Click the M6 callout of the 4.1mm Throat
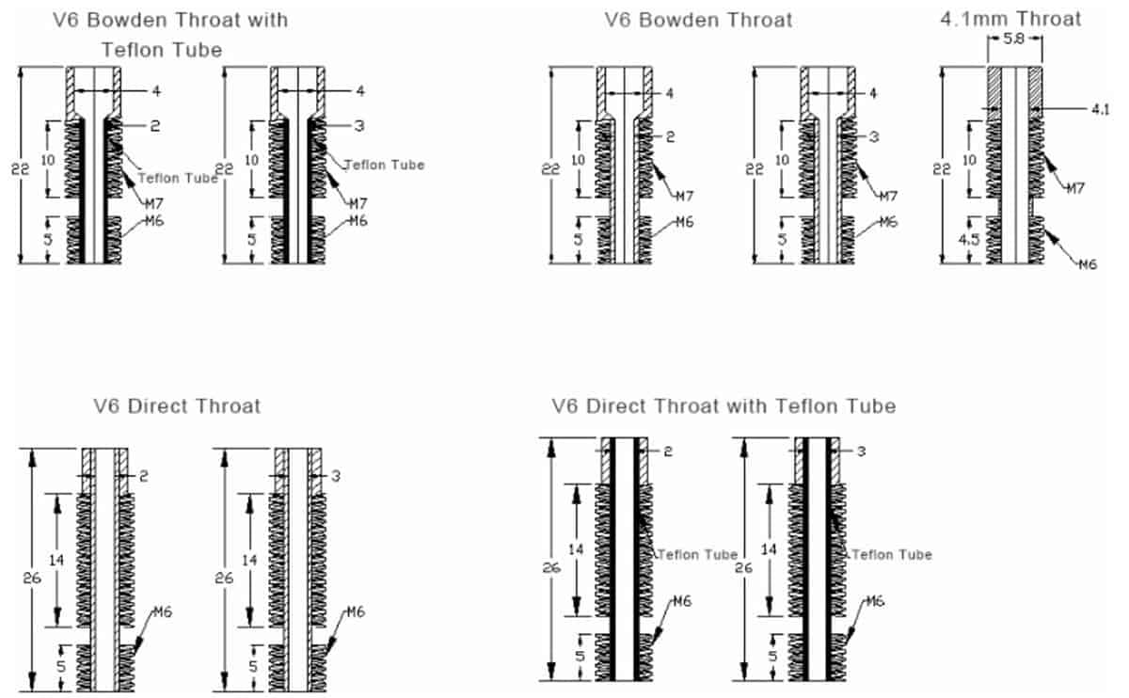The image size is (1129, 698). click(1088, 264)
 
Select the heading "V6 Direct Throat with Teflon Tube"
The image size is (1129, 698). click(723, 405)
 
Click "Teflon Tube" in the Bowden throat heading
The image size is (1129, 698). click(163, 50)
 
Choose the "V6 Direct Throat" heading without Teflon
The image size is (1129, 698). click(177, 406)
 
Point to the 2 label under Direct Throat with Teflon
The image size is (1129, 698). click(667, 452)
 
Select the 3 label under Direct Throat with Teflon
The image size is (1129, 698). click(861, 452)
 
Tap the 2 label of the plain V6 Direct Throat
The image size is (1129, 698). click(144, 476)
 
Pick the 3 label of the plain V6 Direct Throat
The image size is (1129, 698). click(336, 476)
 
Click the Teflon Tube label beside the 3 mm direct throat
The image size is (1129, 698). click(891, 555)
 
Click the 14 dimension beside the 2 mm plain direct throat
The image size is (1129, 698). click(57, 560)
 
